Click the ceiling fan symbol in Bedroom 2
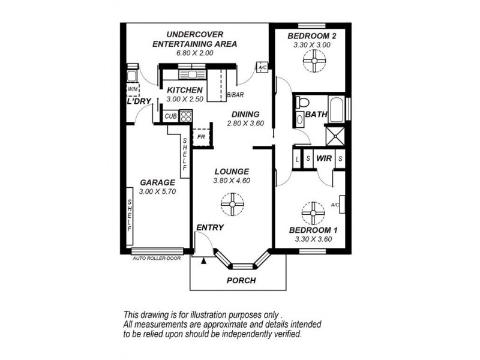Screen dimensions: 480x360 314,61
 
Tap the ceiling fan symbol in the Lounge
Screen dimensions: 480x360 232,204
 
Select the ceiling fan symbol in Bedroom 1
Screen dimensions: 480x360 313,213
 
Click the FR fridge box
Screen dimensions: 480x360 201,137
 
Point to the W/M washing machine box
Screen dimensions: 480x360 133,89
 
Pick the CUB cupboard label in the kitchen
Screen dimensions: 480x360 170,116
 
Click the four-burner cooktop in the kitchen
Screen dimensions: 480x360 186,116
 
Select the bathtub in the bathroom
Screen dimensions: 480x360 336,109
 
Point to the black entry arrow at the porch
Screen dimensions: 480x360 203,260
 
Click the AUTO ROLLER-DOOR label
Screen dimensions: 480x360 157,259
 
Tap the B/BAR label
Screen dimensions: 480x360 235,95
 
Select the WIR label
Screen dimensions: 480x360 324,158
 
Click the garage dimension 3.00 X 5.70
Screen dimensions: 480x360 157,191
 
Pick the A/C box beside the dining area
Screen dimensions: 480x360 262,67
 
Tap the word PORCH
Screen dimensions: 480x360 241,280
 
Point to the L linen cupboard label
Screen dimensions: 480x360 297,160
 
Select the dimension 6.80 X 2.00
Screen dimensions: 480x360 194,53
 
